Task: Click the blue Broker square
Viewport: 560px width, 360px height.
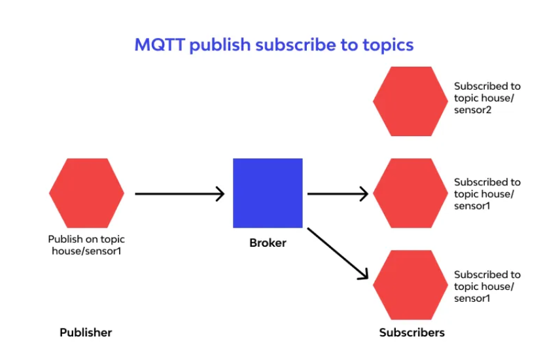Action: click(268, 193)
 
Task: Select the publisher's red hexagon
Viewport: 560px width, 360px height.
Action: click(86, 193)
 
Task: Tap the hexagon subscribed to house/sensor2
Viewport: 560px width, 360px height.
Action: click(410, 101)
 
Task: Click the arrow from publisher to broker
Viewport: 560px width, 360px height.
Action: click(180, 194)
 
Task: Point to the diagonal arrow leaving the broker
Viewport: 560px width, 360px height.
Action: click(338, 253)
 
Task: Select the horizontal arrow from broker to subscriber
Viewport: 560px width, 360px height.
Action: click(338, 194)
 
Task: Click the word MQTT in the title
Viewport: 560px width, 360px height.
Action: click(160, 45)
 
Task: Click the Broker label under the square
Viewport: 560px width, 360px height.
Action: click(268, 243)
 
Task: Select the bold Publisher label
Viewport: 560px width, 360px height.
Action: click(86, 333)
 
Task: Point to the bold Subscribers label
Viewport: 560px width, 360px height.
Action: click(411, 333)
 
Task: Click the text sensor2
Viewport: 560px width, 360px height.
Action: click(472, 110)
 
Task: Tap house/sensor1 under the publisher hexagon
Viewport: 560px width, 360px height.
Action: click(86, 251)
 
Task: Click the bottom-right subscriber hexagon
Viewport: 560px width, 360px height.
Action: click(410, 285)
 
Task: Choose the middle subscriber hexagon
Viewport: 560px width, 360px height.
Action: click(410, 193)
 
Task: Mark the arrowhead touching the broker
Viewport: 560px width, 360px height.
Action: click(220, 194)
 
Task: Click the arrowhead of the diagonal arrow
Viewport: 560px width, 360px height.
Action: click(364, 274)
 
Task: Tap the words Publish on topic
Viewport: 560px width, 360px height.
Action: click(86, 239)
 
